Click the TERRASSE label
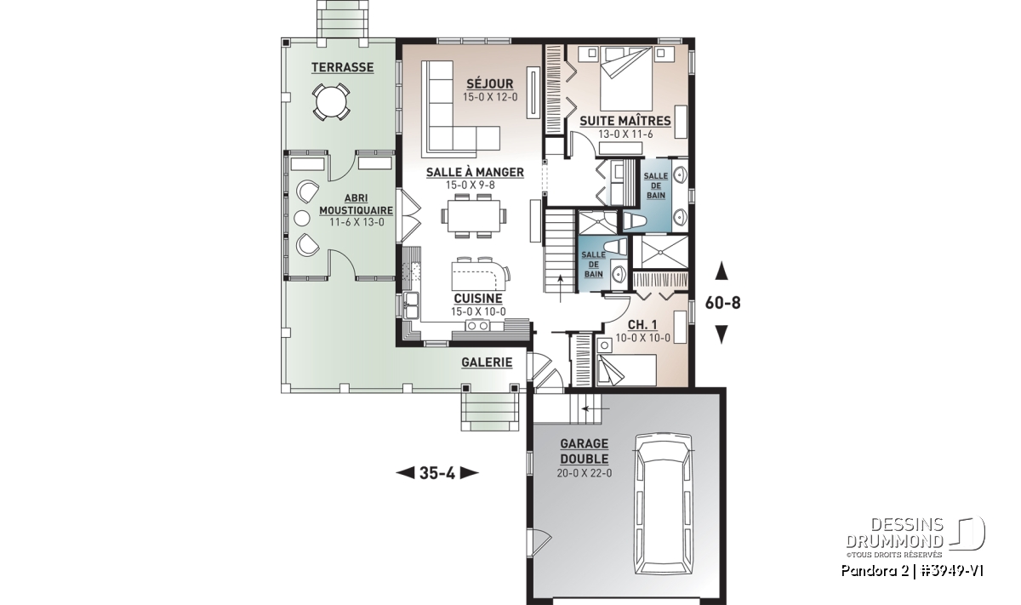click(342, 67)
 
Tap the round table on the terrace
click(331, 102)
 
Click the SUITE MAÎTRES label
click(625, 122)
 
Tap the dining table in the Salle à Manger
click(474, 215)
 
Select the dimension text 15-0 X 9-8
click(471, 185)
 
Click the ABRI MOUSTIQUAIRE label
click(356, 204)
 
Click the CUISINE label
click(478, 299)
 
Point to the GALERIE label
click(487, 362)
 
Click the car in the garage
click(665, 505)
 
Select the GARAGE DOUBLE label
click(585, 451)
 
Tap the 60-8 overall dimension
click(723, 303)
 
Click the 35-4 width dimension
click(437, 473)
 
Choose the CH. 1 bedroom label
click(642, 325)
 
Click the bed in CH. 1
click(627, 369)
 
